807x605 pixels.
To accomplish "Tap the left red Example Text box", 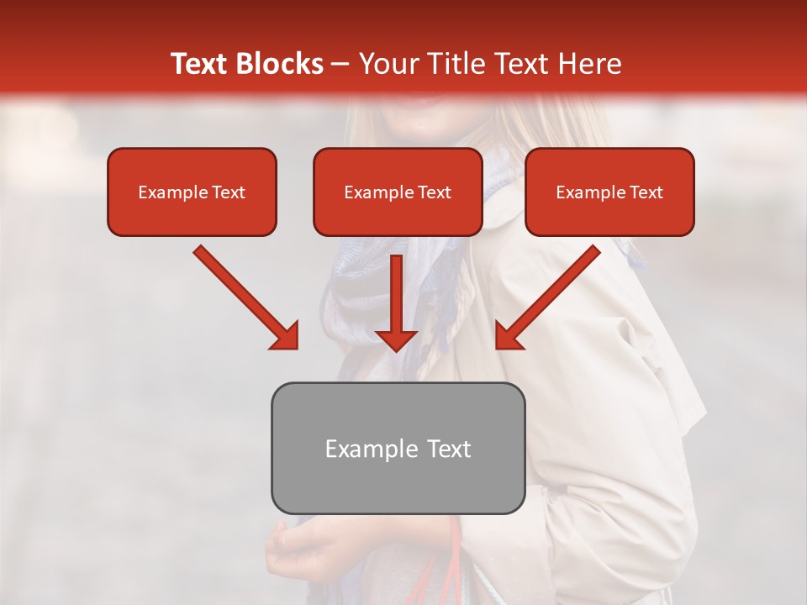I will click(x=192, y=192).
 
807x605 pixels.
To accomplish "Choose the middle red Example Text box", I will click(x=398, y=192).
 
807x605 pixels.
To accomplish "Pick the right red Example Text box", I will click(x=609, y=192).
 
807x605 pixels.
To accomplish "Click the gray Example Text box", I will click(x=398, y=449).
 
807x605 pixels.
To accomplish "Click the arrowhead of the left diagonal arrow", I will click(x=286, y=337).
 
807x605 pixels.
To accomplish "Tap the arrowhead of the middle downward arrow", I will click(x=396, y=339).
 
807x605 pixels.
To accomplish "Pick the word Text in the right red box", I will click(x=646, y=192).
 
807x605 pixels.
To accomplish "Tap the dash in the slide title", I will click(x=340, y=65).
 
